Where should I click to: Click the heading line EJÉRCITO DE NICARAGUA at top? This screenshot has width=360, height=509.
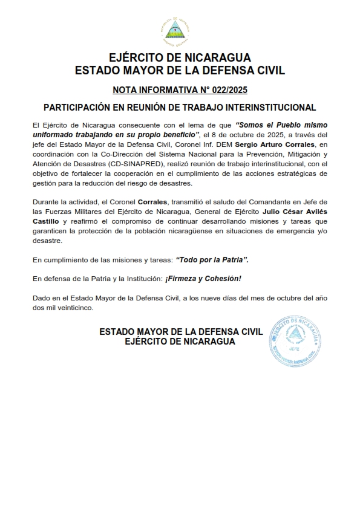click(180, 58)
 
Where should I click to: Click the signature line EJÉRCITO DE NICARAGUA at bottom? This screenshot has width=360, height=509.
click(180, 342)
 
